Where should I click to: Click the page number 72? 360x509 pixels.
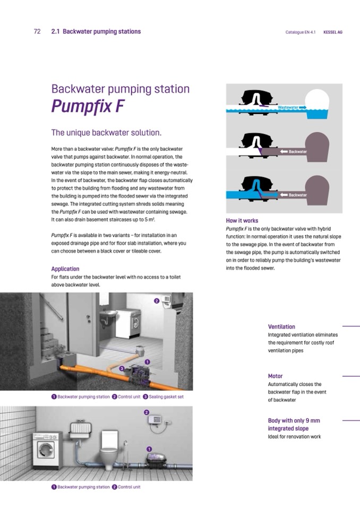click(x=37, y=31)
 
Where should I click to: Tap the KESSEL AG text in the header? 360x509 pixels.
click(x=333, y=32)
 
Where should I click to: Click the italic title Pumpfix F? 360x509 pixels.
click(x=88, y=106)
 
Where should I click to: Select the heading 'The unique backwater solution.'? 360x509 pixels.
click(x=106, y=133)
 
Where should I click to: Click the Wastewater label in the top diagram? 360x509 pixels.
click(x=288, y=107)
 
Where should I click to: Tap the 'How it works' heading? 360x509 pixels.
click(x=242, y=221)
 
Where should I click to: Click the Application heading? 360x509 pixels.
click(x=65, y=269)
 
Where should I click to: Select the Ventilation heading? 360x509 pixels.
click(x=281, y=326)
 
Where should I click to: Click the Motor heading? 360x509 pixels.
click(x=275, y=376)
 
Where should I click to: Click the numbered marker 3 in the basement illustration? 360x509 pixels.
click(x=122, y=368)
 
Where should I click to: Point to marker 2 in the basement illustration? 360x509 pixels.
click(x=157, y=301)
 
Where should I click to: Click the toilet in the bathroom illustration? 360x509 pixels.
click(x=108, y=450)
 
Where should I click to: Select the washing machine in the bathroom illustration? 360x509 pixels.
click(x=48, y=450)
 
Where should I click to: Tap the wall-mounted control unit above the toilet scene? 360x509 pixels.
click(x=155, y=419)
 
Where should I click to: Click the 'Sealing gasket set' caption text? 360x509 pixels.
click(x=166, y=396)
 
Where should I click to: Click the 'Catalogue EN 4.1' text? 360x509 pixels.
click(x=301, y=32)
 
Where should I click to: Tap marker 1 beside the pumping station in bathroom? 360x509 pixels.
click(x=149, y=449)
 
